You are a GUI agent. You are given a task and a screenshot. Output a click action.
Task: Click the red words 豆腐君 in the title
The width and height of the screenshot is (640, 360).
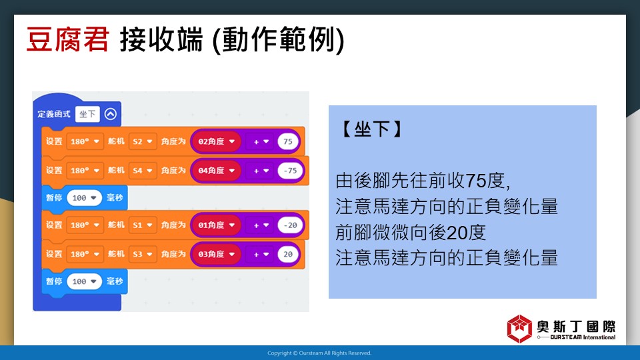68,39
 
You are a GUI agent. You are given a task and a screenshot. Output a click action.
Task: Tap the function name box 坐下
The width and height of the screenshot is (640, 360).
87,114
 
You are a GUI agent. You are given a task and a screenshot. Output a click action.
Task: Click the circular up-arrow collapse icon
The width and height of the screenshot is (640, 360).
111,114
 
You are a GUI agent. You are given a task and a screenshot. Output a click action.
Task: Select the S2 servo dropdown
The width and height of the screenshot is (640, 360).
143,141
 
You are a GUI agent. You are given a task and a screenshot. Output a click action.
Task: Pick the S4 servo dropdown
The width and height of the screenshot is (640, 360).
143,171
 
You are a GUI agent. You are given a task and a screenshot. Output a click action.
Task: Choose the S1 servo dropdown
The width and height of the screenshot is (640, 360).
143,225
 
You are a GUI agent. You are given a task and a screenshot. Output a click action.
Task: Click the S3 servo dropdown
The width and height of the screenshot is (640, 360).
143,254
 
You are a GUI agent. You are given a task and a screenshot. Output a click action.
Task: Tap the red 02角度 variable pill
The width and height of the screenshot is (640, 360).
216,141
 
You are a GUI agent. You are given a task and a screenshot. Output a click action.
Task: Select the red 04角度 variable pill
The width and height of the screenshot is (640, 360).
216,171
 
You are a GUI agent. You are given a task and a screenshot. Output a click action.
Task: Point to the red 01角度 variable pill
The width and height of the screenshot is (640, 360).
216,225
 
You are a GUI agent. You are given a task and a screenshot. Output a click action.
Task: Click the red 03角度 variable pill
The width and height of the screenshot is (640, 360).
216,254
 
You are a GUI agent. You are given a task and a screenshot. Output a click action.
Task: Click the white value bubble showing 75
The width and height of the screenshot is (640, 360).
288,141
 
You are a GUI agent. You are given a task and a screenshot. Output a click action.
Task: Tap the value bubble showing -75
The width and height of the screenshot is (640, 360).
290,171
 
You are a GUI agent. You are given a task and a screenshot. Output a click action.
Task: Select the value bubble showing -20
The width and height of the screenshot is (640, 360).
290,225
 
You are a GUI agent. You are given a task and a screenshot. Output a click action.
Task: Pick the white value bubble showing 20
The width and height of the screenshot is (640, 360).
288,254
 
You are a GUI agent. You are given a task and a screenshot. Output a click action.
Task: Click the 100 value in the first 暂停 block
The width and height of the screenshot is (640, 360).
84,198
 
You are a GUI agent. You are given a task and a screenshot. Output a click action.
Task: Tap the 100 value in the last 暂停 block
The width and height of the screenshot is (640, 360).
84,281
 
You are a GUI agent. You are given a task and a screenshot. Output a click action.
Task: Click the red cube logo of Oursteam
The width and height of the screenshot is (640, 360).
519,328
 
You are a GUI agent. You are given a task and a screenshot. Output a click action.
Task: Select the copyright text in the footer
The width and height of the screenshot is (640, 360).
319,353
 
